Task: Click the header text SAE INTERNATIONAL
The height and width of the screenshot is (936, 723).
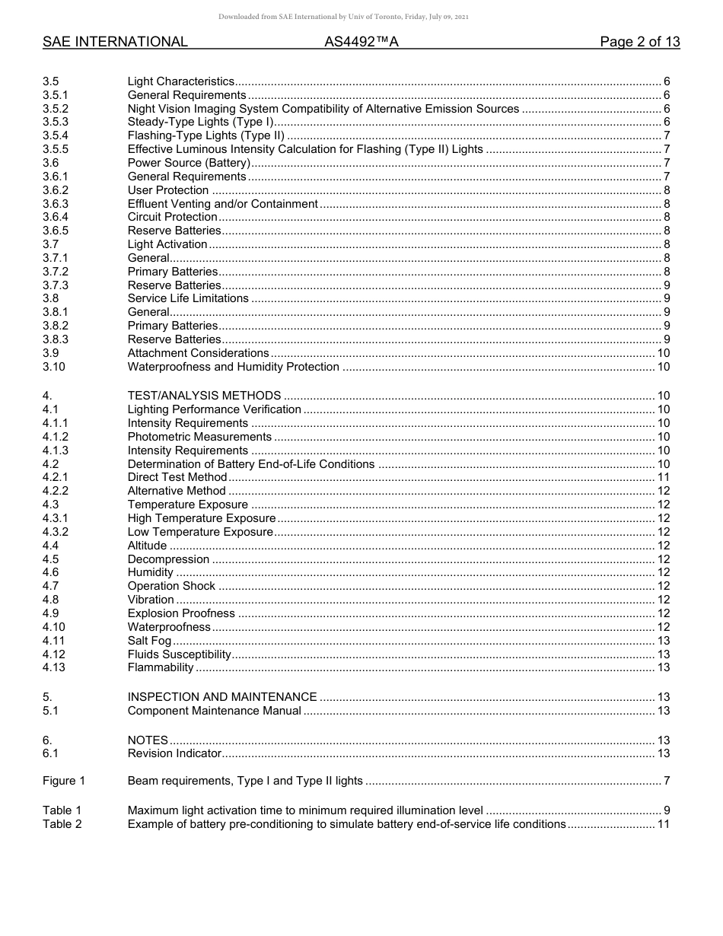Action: click(115, 42)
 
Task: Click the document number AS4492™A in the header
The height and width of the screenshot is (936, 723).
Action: click(361, 42)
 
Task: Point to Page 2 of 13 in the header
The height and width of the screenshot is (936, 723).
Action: click(639, 42)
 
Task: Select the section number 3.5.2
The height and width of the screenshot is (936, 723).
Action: click(56, 109)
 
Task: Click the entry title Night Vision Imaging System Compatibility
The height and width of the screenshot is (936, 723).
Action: click(323, 109)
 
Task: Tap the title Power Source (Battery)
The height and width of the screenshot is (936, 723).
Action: click(189, 163)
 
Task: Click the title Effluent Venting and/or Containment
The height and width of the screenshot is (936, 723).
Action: click(222, 204)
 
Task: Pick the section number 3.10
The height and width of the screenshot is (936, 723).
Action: click(54, 367)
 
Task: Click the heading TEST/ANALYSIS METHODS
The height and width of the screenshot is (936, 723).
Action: click(204, 396)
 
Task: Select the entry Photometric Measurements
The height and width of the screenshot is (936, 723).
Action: click(199, 437)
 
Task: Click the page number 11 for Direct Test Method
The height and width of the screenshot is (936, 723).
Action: click(663, 477)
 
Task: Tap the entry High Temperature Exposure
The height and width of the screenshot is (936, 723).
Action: click(201, 518)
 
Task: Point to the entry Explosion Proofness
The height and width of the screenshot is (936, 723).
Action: click(181, 613)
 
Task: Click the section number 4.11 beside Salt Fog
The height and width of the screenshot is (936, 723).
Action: click(54, 641)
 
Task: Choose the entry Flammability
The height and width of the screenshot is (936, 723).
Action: click(161, 667)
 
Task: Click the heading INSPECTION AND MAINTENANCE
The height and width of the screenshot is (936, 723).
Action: click(222, 697)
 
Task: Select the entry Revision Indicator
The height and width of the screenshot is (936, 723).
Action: click(174, 753)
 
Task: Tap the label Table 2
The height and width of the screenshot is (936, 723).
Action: click(62, 824)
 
